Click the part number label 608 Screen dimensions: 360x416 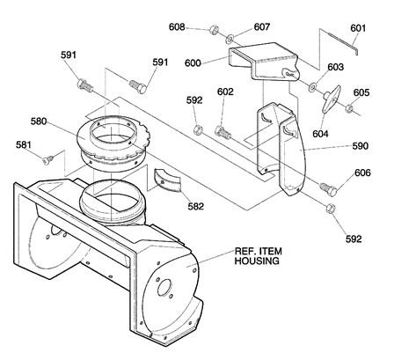pyautogui.click(x=177, y=27)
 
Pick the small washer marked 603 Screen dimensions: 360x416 pyautogui.click(x=315, y=87)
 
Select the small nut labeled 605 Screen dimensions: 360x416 pyautogui.click(x=350, y=109)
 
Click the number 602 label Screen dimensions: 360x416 pyautogui.click(x=225, y=92)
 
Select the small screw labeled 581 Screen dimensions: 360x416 pyautogui.click(x=50, y=158)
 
